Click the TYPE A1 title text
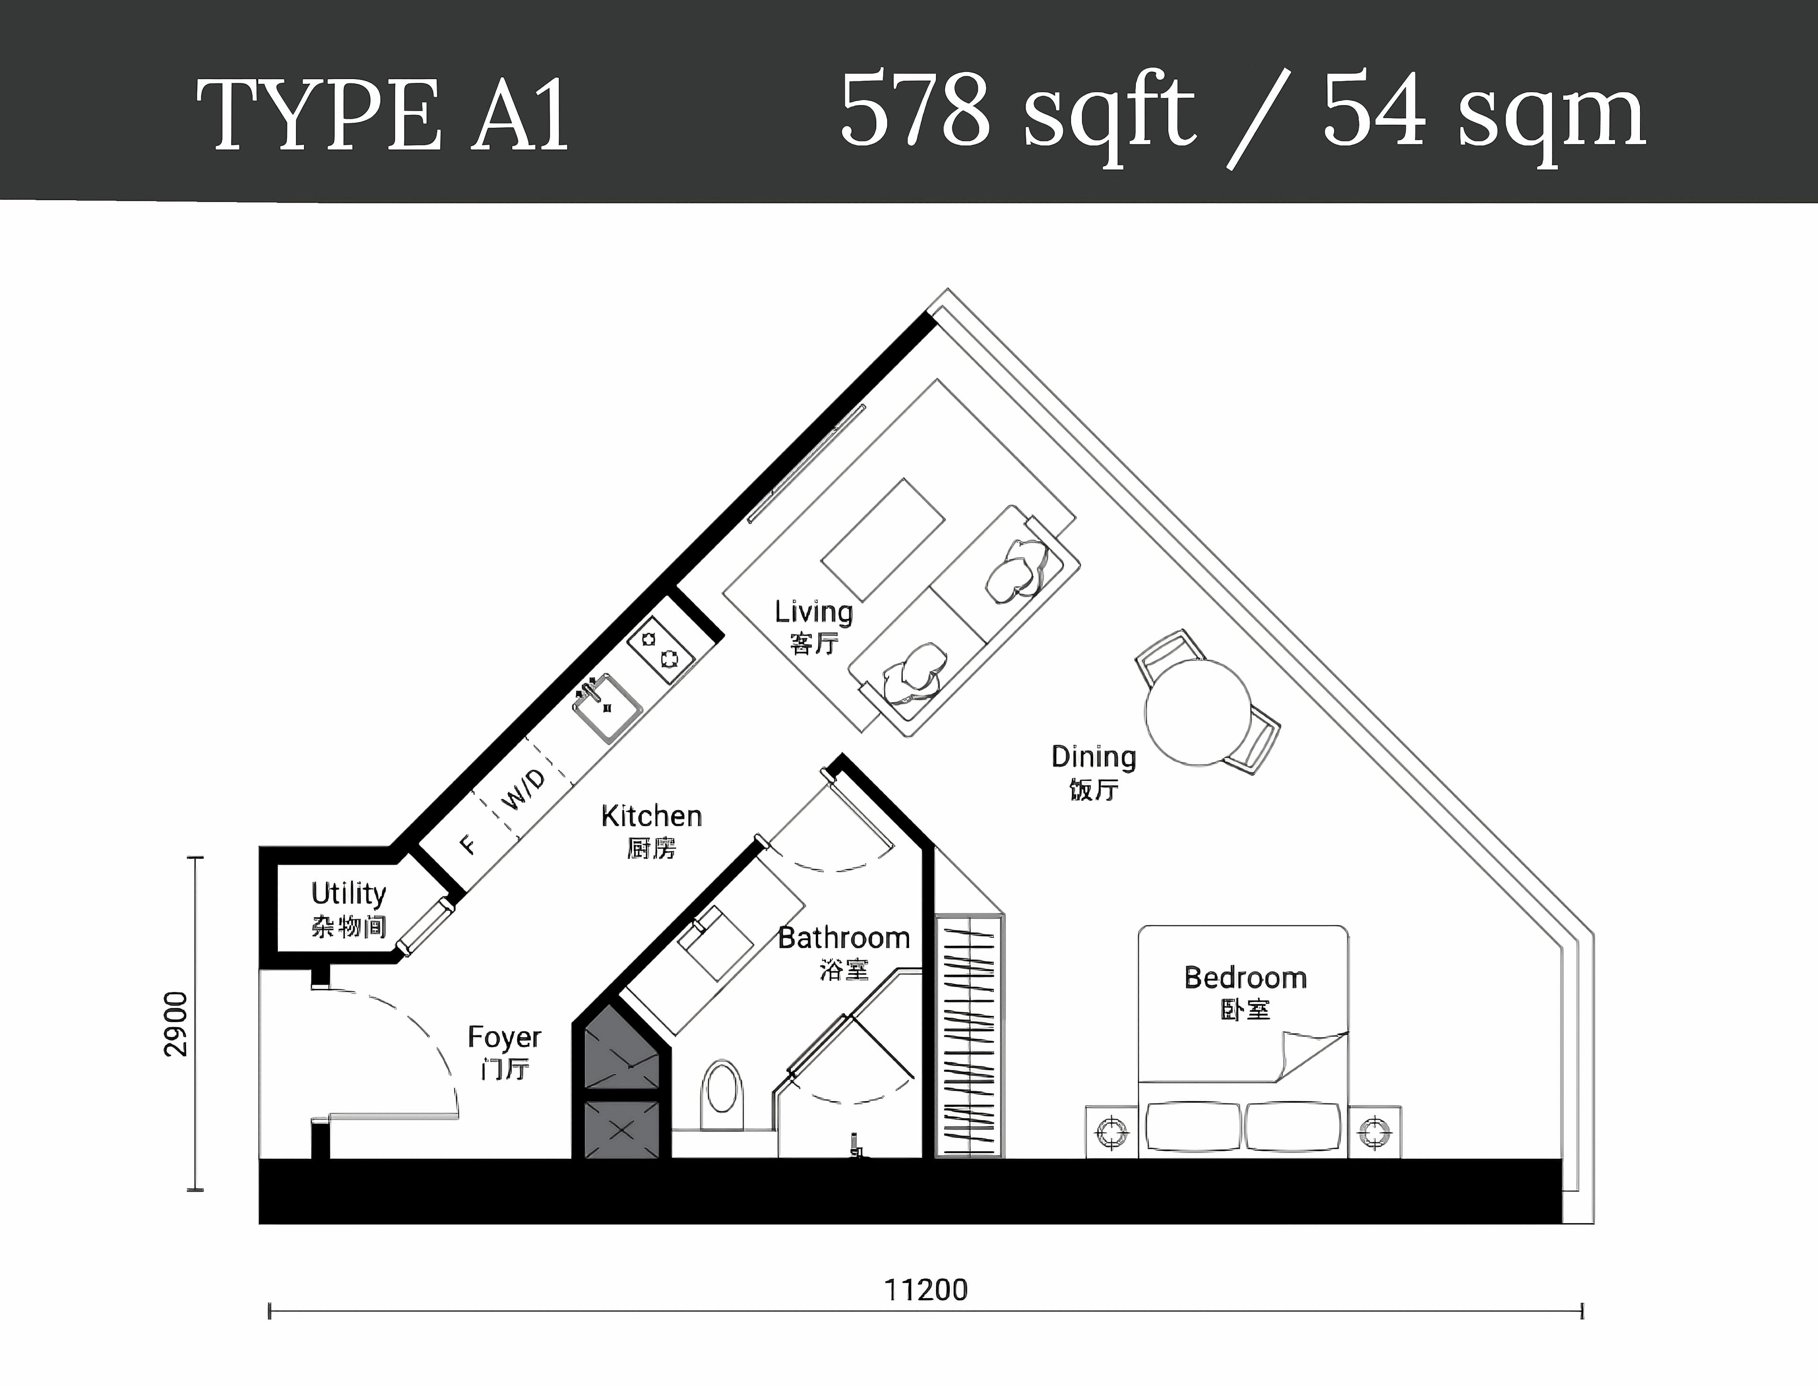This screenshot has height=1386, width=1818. pos(382,115)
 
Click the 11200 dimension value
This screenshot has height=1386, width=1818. pos(925,1289)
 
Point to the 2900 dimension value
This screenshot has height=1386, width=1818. pos(176,1024)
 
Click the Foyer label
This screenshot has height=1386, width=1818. pos(504,1037)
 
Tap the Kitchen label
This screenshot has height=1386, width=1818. pos(651,817)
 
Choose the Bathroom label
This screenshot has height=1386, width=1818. pos(843,938)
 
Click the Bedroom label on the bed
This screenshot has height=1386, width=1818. pos(1245,979)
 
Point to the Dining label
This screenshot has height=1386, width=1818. pos(1094,757)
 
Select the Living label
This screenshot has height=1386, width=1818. pos(813,612)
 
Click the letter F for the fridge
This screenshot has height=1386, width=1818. pos(467,845)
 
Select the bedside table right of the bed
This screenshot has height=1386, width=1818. pos(1374,1132)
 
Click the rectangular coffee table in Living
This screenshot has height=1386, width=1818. pos(882,539)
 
